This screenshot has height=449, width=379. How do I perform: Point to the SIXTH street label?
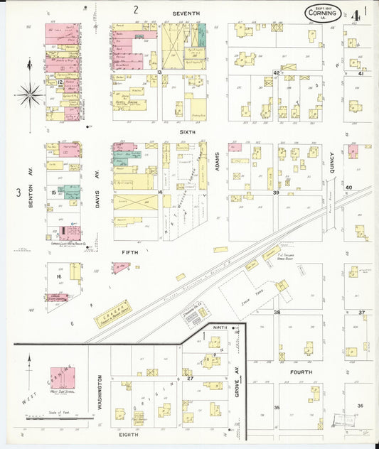pos(187,131)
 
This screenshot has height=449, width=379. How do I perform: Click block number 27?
pos(191,379)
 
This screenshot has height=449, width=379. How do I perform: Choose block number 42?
pos(275,72)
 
